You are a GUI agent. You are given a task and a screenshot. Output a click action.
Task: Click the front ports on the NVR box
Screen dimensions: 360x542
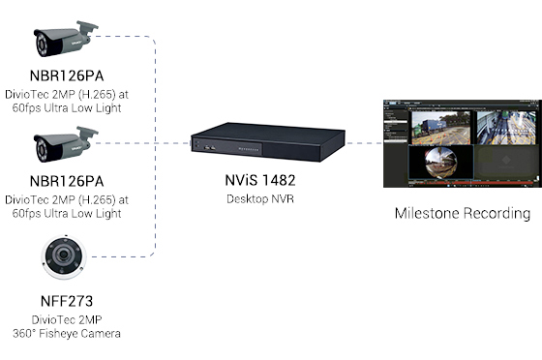coord(210,147)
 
